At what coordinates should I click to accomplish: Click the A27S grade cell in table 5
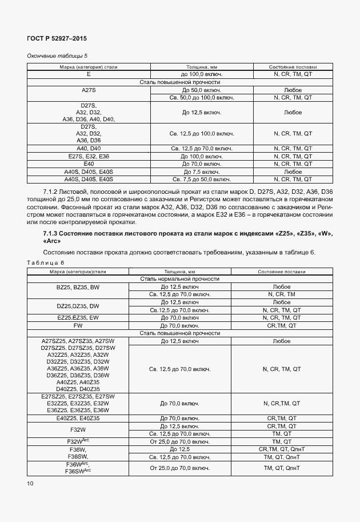pyautogui.click(x=89, y=90)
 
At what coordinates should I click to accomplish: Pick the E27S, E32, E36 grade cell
pyautogui.click(x=89, y=156)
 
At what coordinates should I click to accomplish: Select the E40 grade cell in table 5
pyautogui.click(x=89, y=164)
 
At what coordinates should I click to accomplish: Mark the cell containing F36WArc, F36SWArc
pyautogui.click(x=78, y=468)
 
